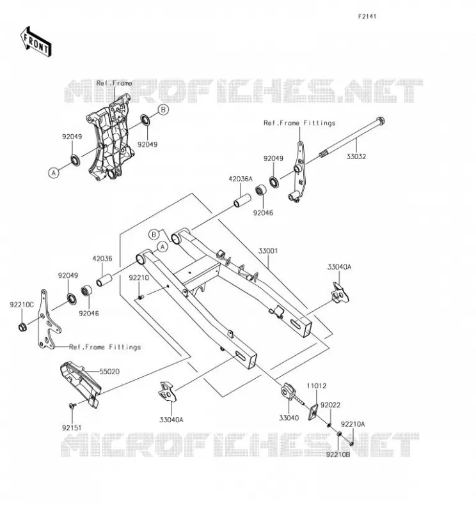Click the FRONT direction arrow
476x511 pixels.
pyautogui.click(x=36, y=42)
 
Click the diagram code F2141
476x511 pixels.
pyautogui.click(x=367, y=17)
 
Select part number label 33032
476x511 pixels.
pyautogui.click(x=356, y=156)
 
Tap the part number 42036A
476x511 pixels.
pyautogui.click(x=241, y=179)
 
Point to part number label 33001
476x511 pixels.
pyautogui.click(x=268, y=251)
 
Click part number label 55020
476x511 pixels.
pyautogui.click(x=109, y=372)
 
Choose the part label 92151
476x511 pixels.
pyautogui.click(x=72, y=427)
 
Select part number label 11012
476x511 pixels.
pyautogui.click(x=316, y=386)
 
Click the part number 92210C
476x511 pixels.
pyautogui.click(x=22, y=305)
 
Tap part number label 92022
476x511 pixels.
pyautogui.click(x=330, y=405)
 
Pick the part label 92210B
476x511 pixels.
pyautogui.click(x=338, y=454)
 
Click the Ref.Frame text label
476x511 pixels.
pyautogui.click(x=115, y=84)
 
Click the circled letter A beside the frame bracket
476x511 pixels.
pyautogui.click(x=54, y=172)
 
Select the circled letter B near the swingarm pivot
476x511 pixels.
pyautogui.click(x=154, y=234)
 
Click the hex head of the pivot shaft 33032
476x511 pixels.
pyautogui.click(x=380, y=121)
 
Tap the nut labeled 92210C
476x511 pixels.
pyautogui.click(x=22, y=326)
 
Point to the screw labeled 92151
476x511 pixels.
pyautogui.click(x=72, y=406)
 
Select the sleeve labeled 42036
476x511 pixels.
pyautogui.click(x=104, y=280)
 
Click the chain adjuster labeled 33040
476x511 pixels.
pyautogui.click(x=290, y=393)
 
